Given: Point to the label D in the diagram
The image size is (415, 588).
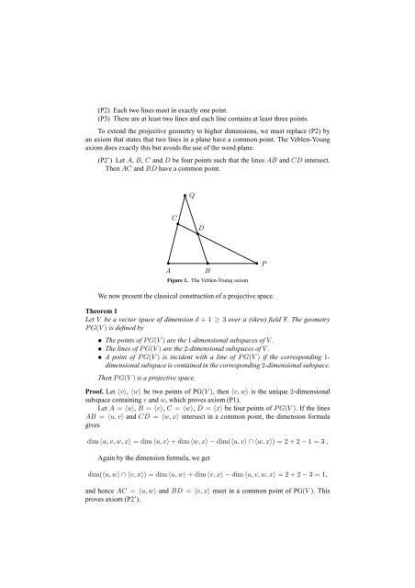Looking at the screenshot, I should click(200, 226).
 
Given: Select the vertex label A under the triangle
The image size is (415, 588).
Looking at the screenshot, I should click(168, 271).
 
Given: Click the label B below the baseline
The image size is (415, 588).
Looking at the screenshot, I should click(208, 271).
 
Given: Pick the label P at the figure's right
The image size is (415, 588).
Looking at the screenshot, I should click(264, 264).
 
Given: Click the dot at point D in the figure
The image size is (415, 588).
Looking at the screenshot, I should click(196, 233).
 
